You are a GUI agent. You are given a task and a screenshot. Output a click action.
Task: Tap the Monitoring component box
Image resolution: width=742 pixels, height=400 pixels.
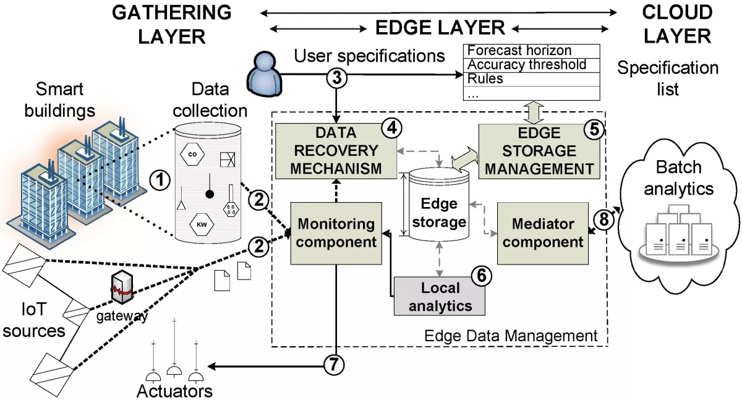(336, 233)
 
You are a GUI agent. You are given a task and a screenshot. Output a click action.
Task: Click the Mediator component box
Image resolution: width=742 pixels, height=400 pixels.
(542, 233)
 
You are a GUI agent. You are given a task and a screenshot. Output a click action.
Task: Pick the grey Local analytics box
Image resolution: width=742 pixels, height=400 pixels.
(440, 296)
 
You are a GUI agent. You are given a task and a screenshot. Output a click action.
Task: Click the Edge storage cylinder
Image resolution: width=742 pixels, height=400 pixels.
(440, 207)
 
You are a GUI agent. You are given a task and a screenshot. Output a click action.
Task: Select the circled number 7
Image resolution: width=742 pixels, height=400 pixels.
(334, 365)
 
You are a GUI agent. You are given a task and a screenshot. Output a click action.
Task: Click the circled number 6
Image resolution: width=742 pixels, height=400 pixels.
(480, 276)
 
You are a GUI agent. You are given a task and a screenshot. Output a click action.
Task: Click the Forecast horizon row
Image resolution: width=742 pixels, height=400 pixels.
(532, 51)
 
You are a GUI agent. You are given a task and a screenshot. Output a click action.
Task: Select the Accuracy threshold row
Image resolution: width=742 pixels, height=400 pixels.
(532, 65)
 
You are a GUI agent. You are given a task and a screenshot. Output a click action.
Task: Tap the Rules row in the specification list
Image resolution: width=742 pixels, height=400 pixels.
(532, 79)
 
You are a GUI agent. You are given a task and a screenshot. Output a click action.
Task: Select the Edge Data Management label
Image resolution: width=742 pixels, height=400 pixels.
(511, 336)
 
